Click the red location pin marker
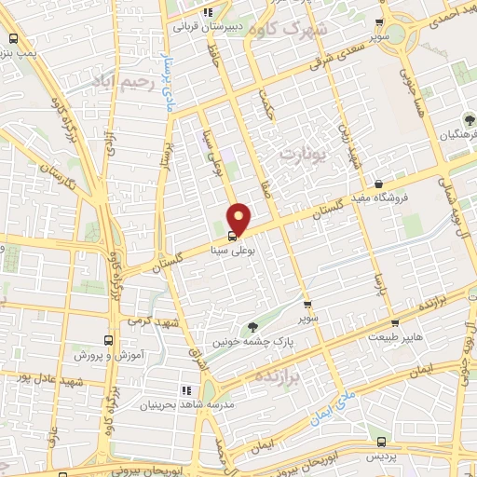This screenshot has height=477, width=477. click(x=240, y=218)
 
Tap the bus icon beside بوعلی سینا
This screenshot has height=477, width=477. click(x=232, y=237)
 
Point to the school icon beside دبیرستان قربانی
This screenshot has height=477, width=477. click(x=209, y=13)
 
